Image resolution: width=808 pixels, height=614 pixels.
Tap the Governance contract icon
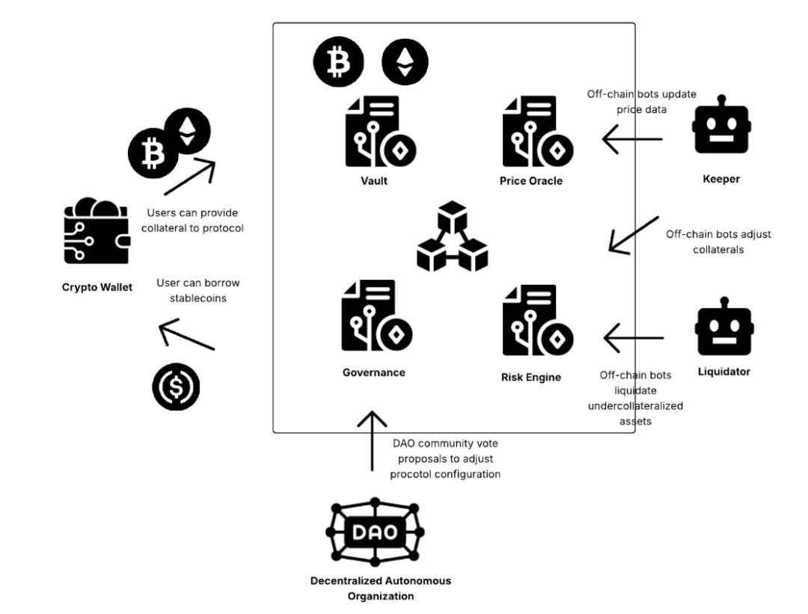coord(375,319)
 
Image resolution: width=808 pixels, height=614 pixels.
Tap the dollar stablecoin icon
coord(177,387)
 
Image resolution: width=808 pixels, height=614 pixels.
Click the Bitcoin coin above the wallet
coord(153,155)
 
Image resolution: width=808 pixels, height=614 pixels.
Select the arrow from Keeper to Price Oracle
coord(632,139)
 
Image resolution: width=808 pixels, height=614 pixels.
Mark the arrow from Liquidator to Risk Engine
coord(633,337)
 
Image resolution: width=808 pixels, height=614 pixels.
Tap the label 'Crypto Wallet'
coord(97,288)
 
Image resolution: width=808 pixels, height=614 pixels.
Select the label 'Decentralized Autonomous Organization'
coord(381,588)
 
